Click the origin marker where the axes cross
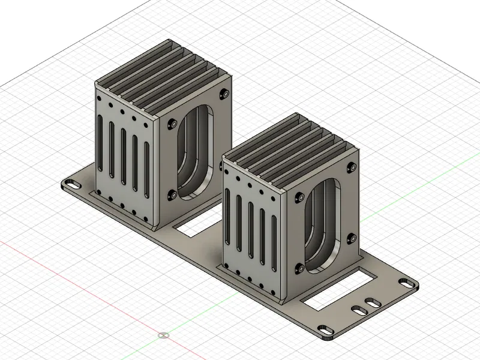click(x=163, y=335)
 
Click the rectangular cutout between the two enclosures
click(x=191, y=227)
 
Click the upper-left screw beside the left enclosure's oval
click(x=173, y=123)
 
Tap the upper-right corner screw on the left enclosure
click(x=225, y=93)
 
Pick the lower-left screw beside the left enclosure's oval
click(x=173, y=194)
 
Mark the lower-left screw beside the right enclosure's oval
click(x=299, y=268)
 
